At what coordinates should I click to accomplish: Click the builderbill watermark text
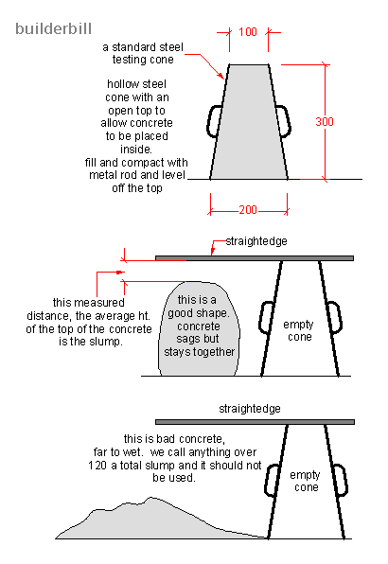click(53, 29)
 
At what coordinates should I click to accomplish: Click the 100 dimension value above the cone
click(248, 32)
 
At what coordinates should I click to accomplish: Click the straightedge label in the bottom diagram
click(252, 409)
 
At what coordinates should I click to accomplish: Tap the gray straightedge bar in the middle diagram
click(256, 257)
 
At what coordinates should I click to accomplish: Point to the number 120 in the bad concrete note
click(134, 466)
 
